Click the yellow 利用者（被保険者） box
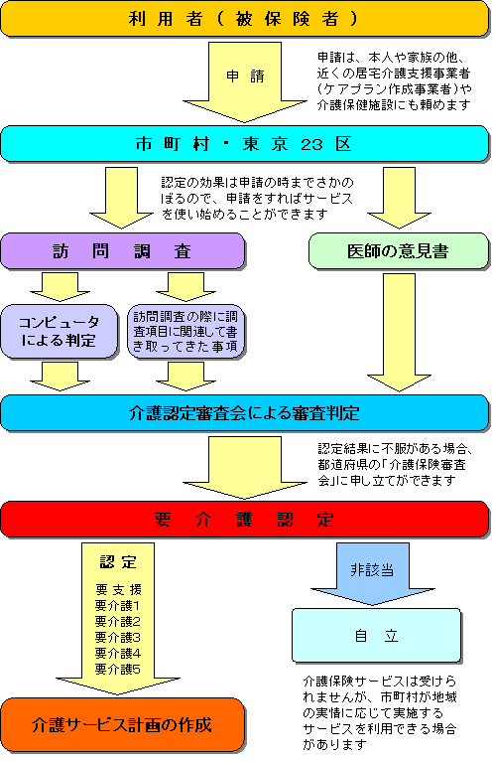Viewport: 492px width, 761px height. (245, 19)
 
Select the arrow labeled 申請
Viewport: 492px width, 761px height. (245, 81)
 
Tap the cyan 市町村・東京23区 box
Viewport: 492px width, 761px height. (245, 144)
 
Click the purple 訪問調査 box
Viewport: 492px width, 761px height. (123, 251)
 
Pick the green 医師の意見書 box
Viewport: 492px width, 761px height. (399, 251)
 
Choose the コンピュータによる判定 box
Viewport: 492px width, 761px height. (60, 332)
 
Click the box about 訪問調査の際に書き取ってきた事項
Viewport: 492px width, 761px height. (185, 332)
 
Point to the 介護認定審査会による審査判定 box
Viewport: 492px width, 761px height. (245, 413)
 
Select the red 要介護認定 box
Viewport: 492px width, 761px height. (245, 520)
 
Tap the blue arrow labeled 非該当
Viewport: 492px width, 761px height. (373, 573)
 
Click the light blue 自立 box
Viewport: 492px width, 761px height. (376, 635)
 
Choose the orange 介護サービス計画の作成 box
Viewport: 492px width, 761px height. (123, 724)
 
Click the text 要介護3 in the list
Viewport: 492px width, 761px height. (118, 637)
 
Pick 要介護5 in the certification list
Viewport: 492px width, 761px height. (118, 670)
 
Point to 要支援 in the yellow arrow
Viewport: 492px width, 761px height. (118, 590)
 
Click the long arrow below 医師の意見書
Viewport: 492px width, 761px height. (399, 332)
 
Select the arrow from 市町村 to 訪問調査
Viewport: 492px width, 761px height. (121, 198)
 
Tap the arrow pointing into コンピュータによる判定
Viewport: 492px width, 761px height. (60, 287)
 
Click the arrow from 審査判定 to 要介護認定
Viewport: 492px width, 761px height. (245, 467)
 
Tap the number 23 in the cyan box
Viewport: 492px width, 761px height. (311, 145)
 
